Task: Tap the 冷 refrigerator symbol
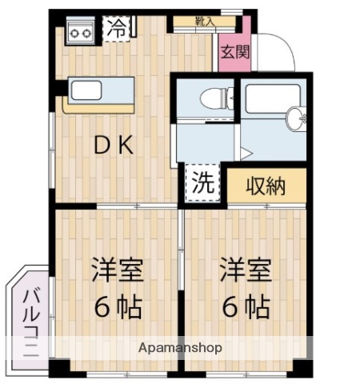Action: (x=117, y=29)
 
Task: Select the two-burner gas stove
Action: (x=79, y=32)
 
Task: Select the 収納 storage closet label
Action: (x=265, y=186)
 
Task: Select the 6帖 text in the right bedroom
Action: (x=246, y=306)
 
